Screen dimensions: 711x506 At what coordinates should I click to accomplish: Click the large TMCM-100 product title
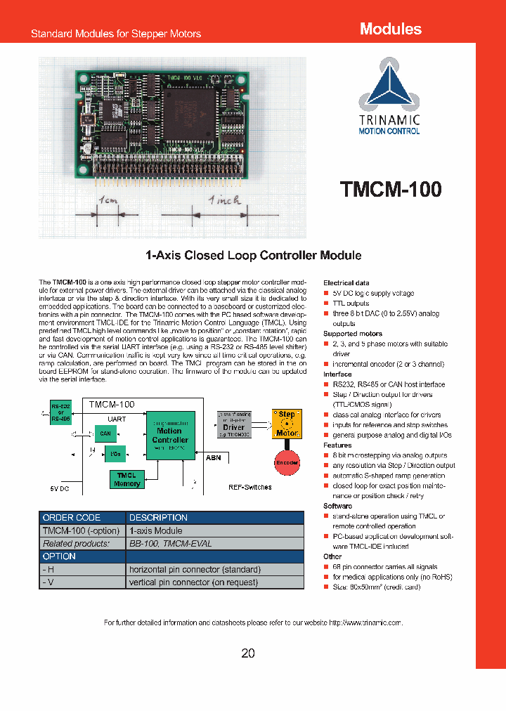pos(391,190)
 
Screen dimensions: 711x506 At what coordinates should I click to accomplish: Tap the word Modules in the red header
pos(390,29)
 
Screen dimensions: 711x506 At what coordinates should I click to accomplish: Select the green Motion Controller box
pos(170,436)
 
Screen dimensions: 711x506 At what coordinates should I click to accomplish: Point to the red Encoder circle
pos(287,462)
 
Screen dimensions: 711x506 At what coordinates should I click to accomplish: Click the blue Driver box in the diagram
pos(234,423)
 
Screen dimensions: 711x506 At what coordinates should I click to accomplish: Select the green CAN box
pos(106,434)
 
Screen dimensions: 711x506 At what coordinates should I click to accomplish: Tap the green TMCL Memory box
pos(126,479)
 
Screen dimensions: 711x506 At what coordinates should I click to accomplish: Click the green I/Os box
pos(115,453)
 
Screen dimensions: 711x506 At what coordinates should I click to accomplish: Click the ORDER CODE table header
pos(82,518)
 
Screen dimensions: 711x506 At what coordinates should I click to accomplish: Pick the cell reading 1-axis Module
pos(215,530)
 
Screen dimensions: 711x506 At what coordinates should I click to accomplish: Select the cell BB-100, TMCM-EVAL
pos(215,543)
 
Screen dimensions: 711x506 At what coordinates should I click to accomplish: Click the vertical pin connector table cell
pos(215,582)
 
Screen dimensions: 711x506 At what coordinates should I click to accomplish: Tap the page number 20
pos(248,653)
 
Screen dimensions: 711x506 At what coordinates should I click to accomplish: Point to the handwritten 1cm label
pos(109,201)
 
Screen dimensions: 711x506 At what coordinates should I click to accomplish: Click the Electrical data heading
pos(346,282)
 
